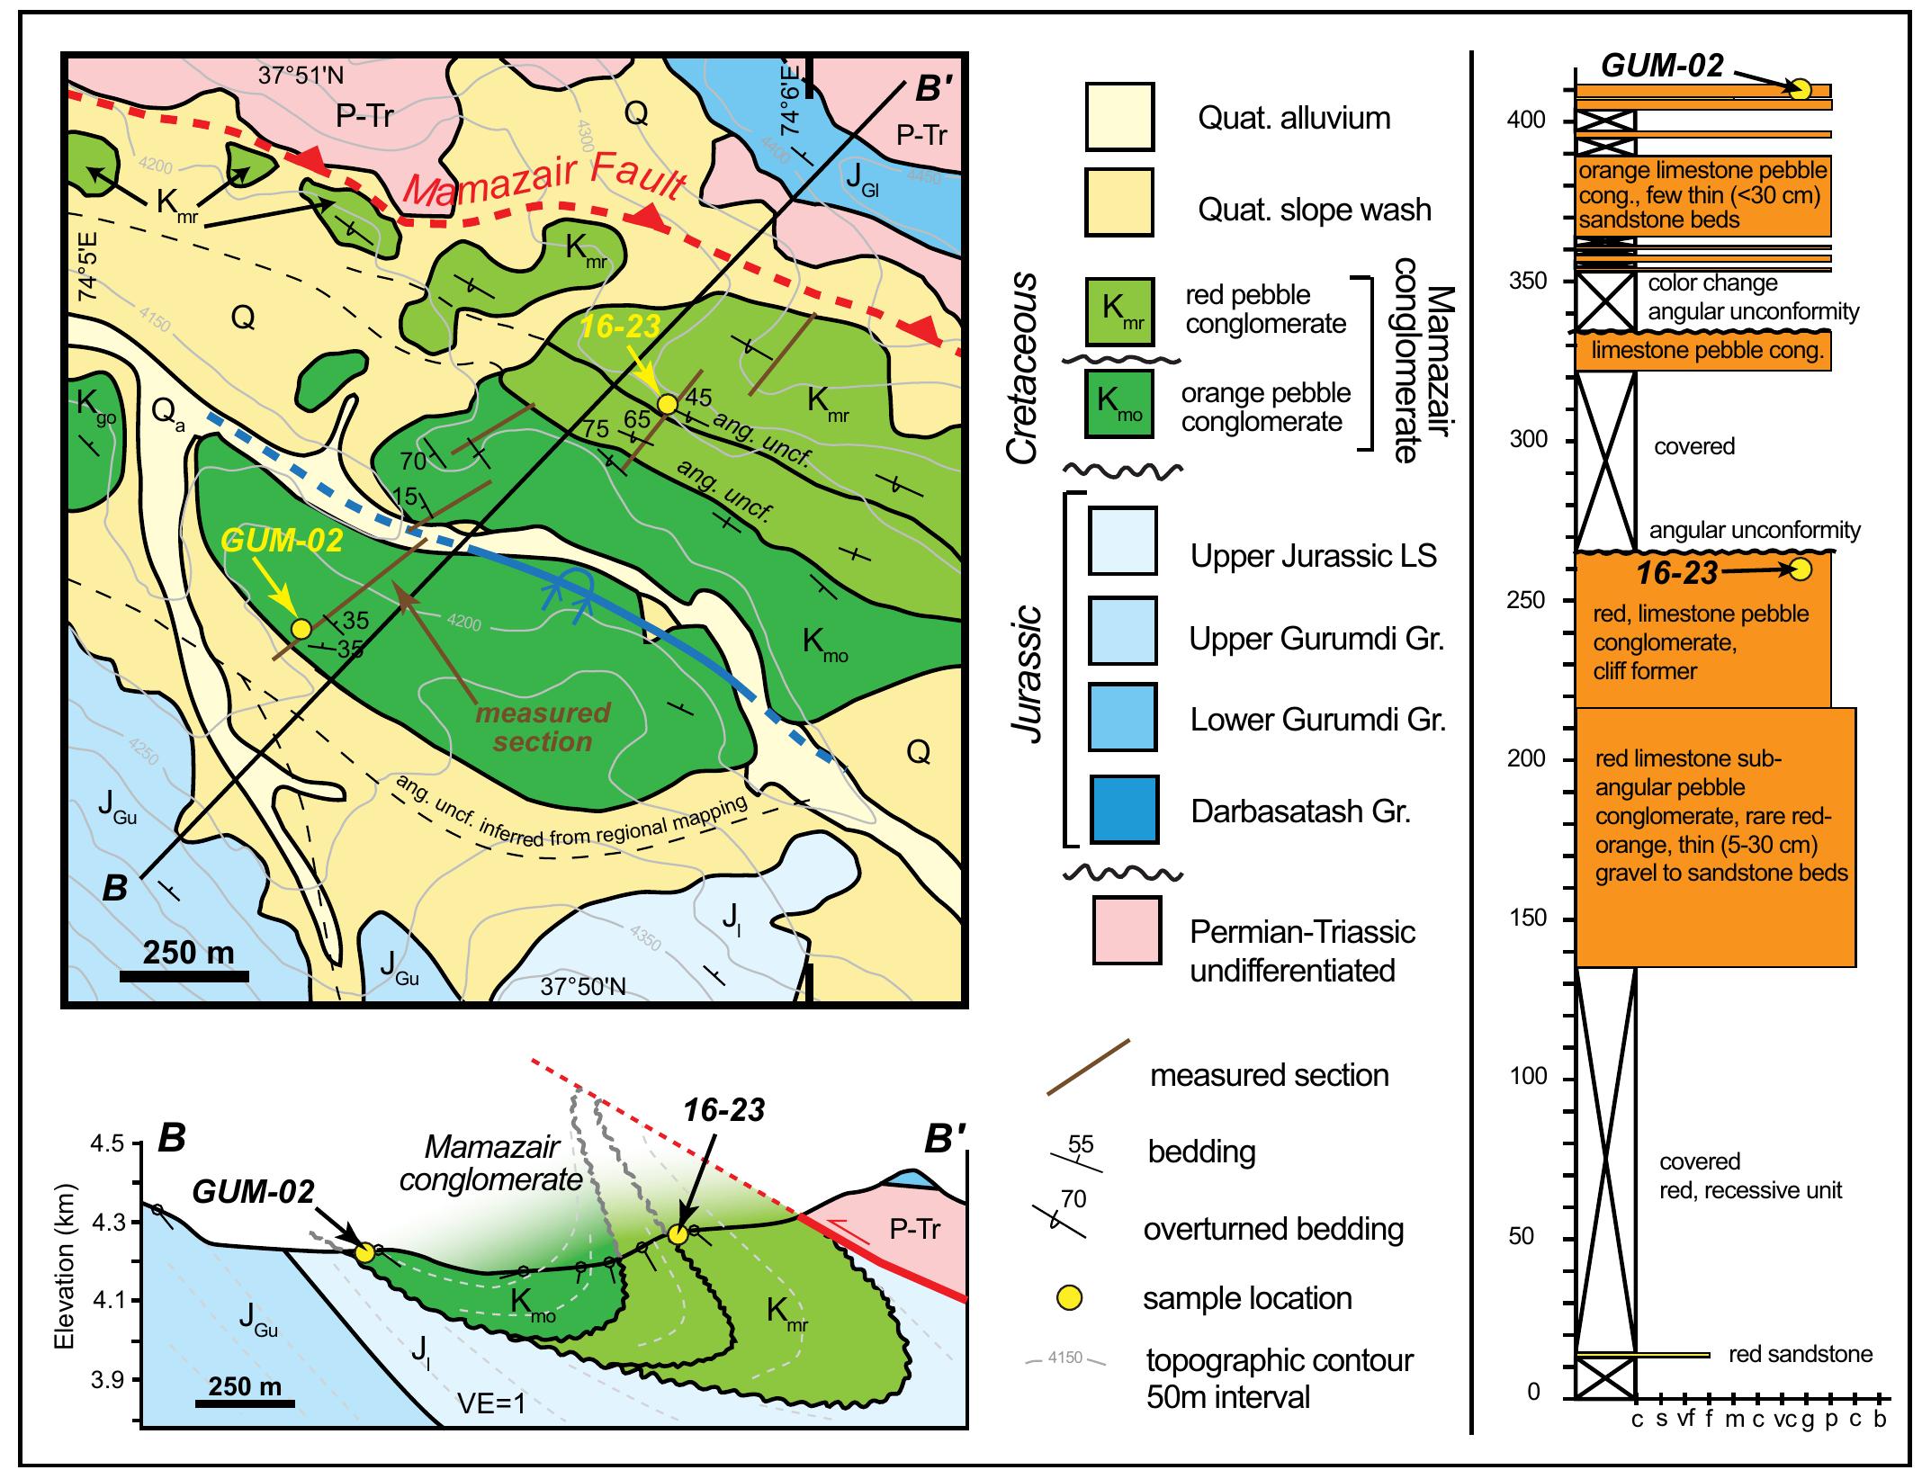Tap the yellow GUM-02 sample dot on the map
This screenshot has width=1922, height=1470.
[x=302, y=628]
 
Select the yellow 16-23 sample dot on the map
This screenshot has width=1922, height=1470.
[x=667, y=404]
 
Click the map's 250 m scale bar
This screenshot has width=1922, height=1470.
[x=185, y=975]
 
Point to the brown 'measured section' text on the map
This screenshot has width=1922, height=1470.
[x=543, y=727]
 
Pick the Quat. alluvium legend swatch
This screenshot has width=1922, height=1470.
[x=1120, y=117]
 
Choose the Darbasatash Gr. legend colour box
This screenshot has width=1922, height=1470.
[x=1124, y=810]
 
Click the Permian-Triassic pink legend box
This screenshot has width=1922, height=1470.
[x=1127, y=930]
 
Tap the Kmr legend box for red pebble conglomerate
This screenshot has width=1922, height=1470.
[x=1120, y=311]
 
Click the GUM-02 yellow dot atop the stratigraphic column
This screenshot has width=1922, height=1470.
[x=1800, y=88]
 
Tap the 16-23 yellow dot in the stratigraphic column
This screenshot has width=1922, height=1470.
[x=1801, y=569]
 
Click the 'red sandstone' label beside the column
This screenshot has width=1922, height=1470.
[x=1801, y=1379]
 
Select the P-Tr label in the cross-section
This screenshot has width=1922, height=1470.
[x=915, y=1228]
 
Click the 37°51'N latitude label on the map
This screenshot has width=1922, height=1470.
[x=301, y=76]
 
